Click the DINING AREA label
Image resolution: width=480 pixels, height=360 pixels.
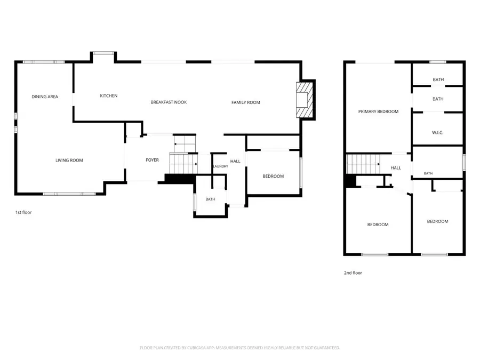point(45,97)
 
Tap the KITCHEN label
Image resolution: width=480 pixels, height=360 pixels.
point(109,96)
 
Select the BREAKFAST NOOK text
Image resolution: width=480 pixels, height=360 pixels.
point(169,102)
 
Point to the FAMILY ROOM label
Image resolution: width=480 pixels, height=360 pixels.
point(245,102)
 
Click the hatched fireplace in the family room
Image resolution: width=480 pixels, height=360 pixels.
point(305,100)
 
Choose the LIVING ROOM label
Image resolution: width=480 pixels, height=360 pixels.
point(69,161)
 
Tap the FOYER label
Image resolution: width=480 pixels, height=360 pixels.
point(152,160)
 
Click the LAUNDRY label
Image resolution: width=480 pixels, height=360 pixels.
point(220,166)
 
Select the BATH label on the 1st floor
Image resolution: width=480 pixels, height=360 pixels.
point(210,199)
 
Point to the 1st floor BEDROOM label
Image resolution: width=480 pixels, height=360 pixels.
point(273,177)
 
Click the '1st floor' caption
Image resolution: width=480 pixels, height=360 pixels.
point(23,212)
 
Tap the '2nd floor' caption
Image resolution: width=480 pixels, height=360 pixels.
point(353,273)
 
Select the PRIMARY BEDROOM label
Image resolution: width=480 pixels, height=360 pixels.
point(378,112)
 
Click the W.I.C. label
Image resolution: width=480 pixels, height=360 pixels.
point(437,133)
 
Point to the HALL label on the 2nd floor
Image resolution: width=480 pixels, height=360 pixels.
point(396,168)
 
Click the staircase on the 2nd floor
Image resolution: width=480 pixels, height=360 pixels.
point(363,164)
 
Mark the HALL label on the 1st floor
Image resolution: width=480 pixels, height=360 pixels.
point(235,161)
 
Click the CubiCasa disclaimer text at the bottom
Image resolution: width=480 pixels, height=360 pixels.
point(239,348)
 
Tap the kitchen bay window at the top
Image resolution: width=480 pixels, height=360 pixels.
point(103,53)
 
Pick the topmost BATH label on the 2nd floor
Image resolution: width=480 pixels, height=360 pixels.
point(438,79)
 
